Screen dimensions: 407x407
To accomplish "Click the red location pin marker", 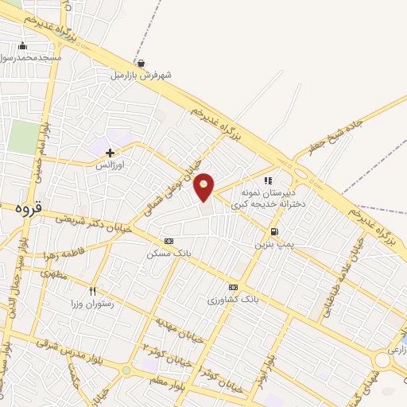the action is [x=204, y=186].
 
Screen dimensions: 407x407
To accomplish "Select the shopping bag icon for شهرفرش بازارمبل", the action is [x=141, y=64].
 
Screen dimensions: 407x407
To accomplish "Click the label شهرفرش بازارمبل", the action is [x=143, y=76].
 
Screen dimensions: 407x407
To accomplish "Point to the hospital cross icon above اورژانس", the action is [x=110, y=152].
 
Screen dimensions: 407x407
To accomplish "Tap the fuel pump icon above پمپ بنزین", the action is [x=274, y=232].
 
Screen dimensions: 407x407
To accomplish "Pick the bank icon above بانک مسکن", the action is [x=168, y=240].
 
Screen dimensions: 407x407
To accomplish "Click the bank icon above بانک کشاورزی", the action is [x=233, y=287].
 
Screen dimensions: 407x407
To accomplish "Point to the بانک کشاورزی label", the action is [x=229, y=300].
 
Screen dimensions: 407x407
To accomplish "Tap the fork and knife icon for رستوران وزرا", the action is [x=93, y=291].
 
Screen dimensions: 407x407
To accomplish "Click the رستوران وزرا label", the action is [x=93, y=304].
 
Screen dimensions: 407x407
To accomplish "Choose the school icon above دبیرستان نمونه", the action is [x=269, y=180].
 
